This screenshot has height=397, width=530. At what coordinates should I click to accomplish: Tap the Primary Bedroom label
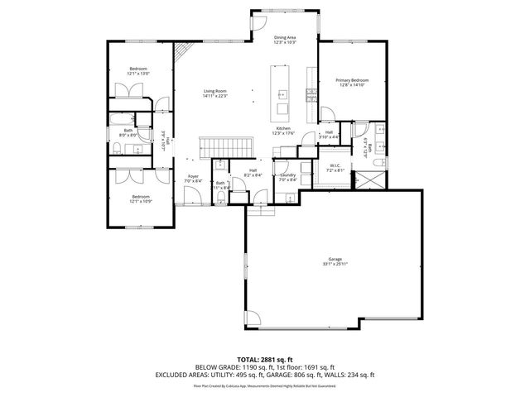coord(352,79)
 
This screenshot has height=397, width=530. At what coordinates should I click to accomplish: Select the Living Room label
coord(215,91)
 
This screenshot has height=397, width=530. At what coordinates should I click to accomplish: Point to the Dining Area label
coord(286,38)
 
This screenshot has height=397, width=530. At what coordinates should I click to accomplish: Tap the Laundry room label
coord(288,175)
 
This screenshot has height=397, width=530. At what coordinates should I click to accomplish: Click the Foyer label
coord(192,175)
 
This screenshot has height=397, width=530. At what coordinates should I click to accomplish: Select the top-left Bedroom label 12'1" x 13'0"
coord(138,69)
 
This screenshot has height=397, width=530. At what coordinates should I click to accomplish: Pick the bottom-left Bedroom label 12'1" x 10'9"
coord(140,196)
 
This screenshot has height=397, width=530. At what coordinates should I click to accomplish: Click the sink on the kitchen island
coord(282,92)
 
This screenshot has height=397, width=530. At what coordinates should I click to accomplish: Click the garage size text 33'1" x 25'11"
coord(334,265)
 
